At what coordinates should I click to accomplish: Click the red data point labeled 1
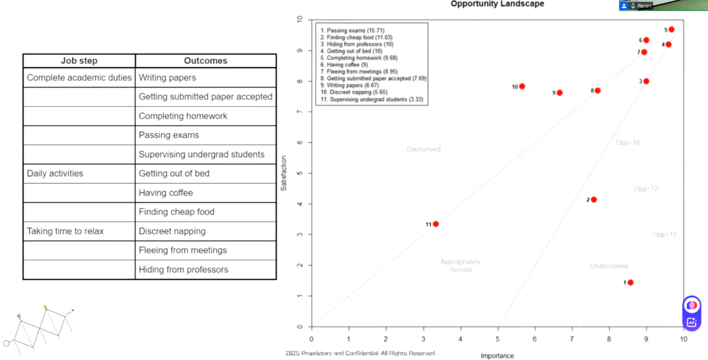630,283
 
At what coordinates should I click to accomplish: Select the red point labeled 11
435,224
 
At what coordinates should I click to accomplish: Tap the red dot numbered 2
594,199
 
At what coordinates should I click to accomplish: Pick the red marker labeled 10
522,87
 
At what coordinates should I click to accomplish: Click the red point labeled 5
671,30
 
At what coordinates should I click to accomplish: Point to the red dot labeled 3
646,81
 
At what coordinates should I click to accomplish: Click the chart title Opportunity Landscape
497,4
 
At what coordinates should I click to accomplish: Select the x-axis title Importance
497,356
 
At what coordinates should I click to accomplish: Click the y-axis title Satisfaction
284,173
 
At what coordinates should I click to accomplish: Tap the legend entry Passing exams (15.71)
355,31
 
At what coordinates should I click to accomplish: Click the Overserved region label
423,150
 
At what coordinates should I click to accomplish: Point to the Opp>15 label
665,235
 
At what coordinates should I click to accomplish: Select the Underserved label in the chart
608,266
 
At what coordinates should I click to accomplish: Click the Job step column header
79,61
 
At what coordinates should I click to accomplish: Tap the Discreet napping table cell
172,231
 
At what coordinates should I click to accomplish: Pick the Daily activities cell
55,174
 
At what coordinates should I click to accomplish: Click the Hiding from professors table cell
184,270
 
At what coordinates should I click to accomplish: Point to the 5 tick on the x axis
498,338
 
